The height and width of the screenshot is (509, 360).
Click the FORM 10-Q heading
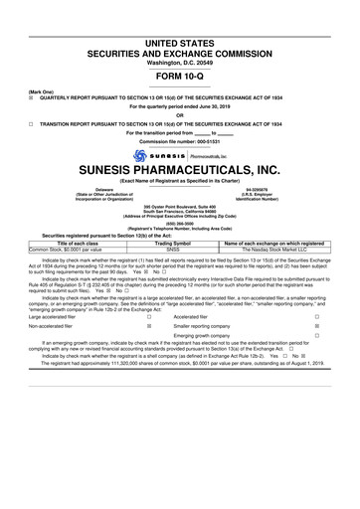pyautogui.click(x=179, y=78)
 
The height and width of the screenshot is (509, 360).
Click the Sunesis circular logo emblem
pyautogui.click(x=124, y=155)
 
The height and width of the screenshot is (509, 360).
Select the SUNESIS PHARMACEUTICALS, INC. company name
pyautogui.click(x=179, y=171)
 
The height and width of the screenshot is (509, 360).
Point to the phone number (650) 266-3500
pyautogui.click(x=179, y=224)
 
